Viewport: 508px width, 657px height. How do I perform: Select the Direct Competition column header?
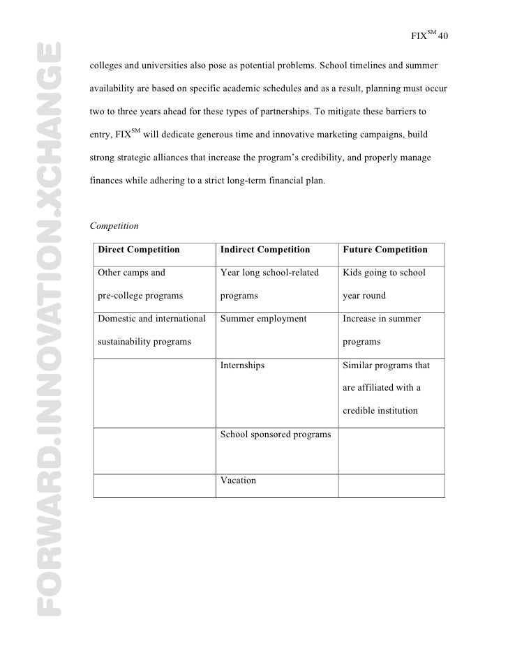tap(139, 250)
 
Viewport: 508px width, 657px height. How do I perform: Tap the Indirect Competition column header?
tap(265, 250)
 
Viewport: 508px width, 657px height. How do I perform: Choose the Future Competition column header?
tap(385, 250)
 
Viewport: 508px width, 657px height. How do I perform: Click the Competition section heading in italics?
tap(114, 226)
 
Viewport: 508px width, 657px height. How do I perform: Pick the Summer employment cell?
tap(263, 319)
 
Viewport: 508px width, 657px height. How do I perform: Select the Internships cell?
tap(242, 365)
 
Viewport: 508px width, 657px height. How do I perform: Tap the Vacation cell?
tap(239, 481)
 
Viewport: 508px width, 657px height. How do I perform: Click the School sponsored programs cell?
tap(275, 434)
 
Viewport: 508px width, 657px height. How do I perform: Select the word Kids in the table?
tap(353, 272)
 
